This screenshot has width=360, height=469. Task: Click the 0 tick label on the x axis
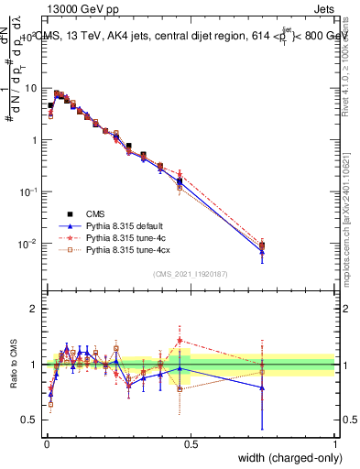click(46, 443)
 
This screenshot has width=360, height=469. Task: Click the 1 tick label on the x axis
click(335, 443)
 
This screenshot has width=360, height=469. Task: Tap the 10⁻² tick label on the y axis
click(30, 244)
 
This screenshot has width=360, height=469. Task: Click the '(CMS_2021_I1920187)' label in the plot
click(190, 274)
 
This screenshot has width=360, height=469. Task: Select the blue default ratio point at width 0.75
click(263, 387)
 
